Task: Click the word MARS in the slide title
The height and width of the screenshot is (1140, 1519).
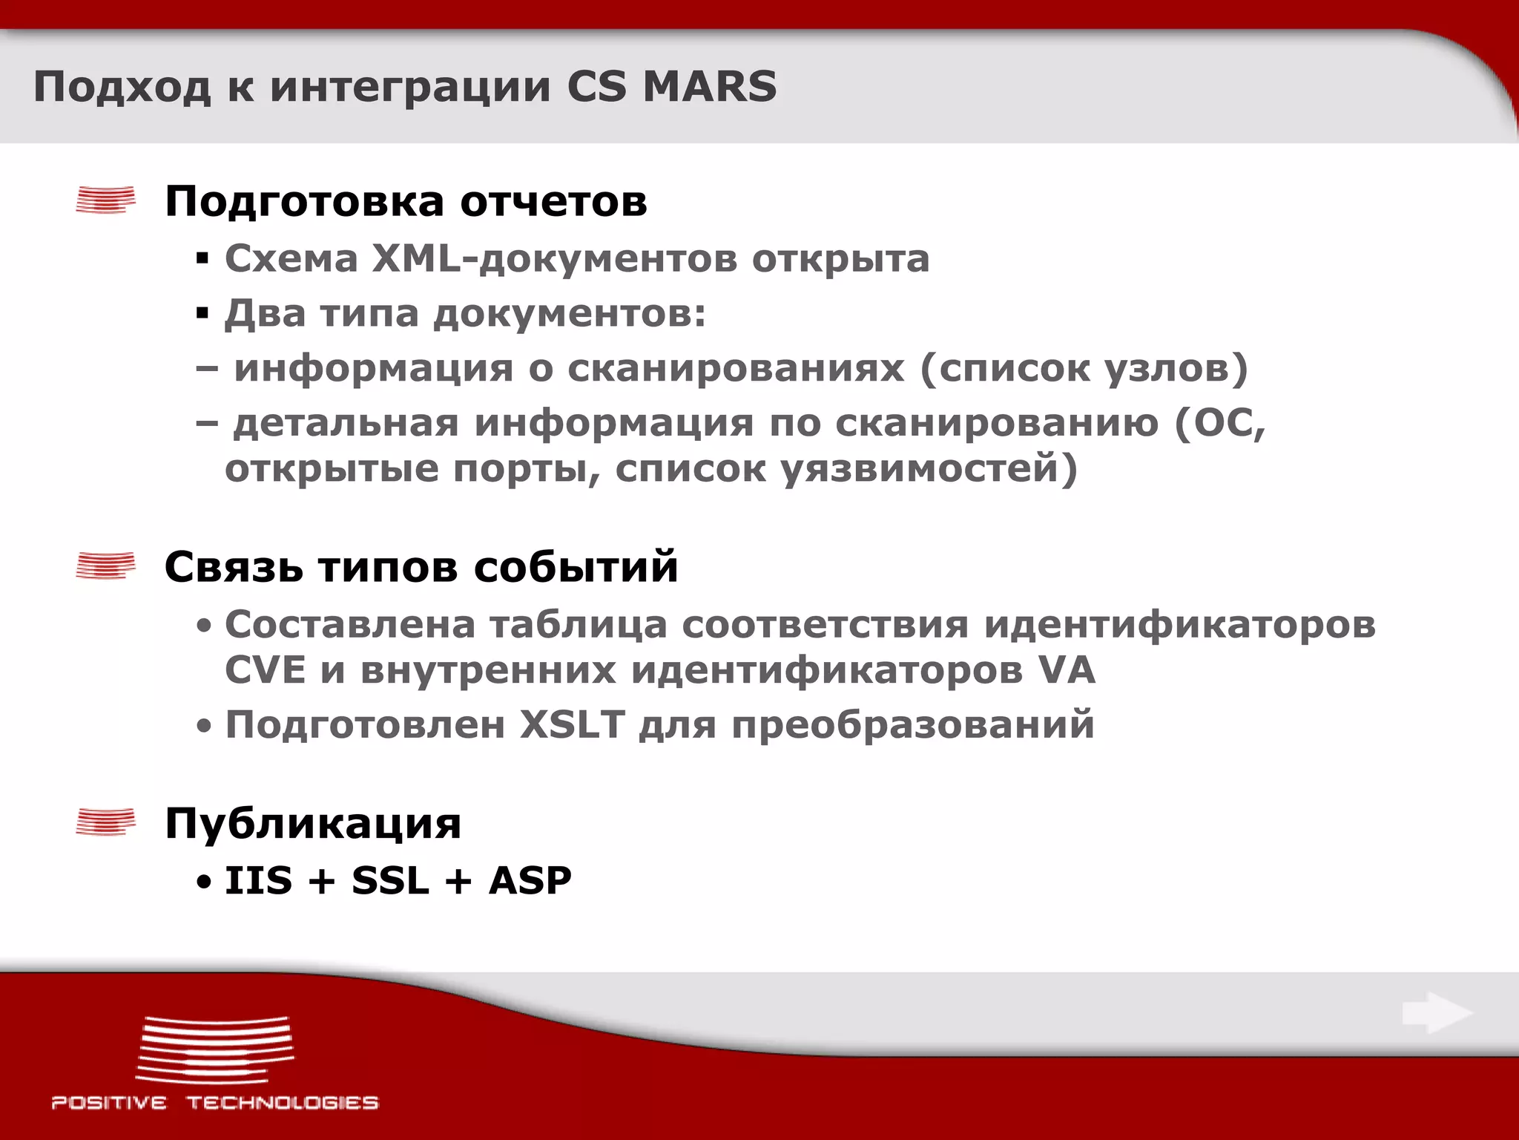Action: [x=709, y=86]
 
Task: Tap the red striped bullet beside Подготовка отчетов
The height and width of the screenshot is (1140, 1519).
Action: [x=105, y=200]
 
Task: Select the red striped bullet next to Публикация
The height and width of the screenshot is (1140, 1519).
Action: [x=105, y=822]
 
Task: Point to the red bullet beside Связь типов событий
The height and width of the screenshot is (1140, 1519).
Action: [x=105, y=566]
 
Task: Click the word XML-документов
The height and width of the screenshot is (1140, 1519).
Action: [x=554, y=259]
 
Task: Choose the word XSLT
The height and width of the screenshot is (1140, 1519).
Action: [x=572, y=724]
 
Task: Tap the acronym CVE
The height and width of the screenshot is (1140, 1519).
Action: [x=265, y=669]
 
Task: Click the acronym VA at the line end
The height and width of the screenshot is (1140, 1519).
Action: [x=1066, y=669]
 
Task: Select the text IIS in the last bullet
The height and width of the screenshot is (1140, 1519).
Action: [x=258, y=880]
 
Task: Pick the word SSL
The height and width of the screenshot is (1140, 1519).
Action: [x=390, y=880]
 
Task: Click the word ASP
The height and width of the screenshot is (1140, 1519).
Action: [x=530, y=880]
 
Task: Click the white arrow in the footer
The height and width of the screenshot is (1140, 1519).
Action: [x=1436, y=1013]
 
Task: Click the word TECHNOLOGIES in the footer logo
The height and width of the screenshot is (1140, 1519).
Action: [x=282, y=1102]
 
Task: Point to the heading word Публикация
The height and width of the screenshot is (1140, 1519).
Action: [x=312, y=823]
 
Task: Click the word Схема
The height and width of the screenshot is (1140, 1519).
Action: [x=291, y=259]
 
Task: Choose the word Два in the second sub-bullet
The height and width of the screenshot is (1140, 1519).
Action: [x=265, y=313]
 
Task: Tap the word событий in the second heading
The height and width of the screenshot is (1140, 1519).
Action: [x=576, y=567]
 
